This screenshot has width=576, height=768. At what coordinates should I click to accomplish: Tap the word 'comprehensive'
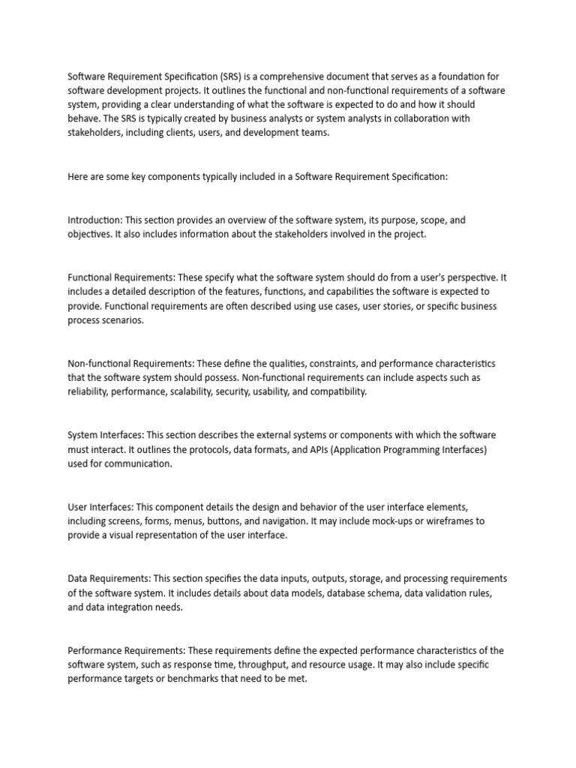(293, 76)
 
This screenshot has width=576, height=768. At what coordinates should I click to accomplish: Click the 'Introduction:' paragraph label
(95, 220)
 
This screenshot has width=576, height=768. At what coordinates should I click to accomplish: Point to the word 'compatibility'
(337, 392)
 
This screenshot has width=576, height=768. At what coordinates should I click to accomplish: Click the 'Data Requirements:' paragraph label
(109, 578)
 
